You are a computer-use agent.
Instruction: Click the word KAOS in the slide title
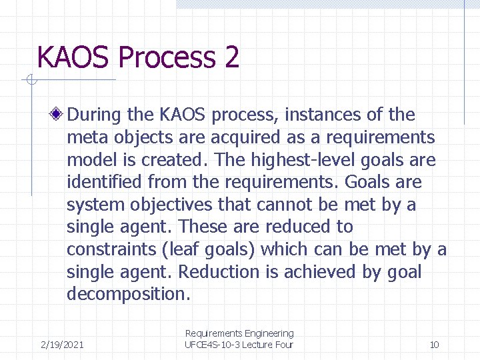point(75,57)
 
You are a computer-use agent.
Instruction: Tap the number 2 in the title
point(232,57)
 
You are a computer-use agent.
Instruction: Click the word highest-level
point(287,161)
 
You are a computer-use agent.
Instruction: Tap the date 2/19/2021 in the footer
point(62,345)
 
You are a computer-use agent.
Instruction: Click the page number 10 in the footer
point(434,345)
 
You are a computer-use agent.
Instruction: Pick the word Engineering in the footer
point(269,333)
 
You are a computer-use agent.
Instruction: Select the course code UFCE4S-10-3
point(211,345)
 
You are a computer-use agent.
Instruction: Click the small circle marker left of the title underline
point(31,81)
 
